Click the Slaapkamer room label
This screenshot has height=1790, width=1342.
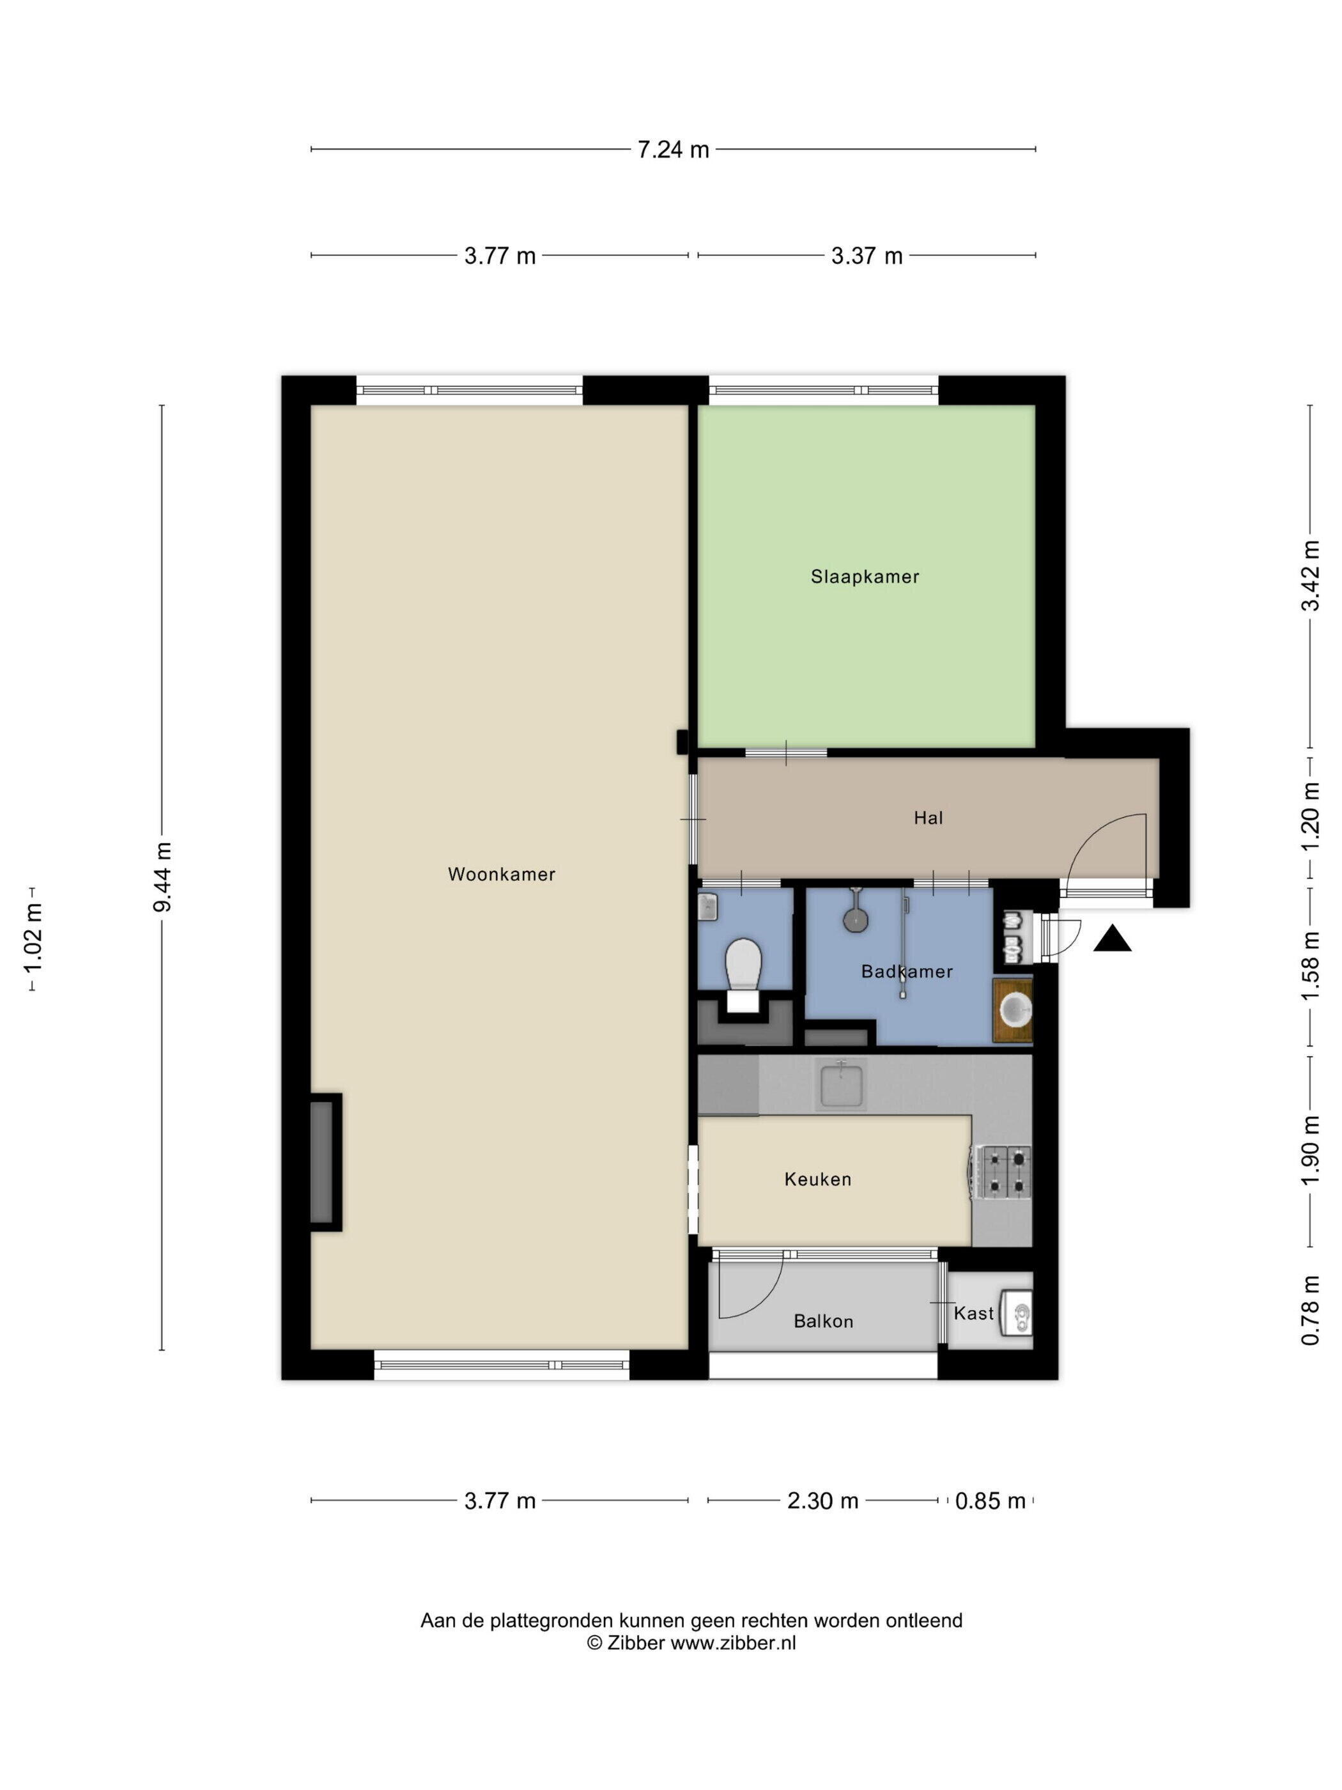click(865, 577)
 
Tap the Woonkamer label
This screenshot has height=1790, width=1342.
click(502, 874)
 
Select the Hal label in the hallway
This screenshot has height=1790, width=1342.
click(928, 818)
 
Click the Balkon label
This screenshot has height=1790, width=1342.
click(824, 1321)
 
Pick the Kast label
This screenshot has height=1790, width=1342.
click(973, 1313)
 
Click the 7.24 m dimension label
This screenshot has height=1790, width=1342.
click(673, 150)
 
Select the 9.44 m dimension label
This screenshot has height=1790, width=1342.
click(162, 877)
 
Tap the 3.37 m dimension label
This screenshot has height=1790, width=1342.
click(867, 256)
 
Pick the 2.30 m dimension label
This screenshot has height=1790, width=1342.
click(822, 1501)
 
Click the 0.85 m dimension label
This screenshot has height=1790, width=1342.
click(990, 1501)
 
